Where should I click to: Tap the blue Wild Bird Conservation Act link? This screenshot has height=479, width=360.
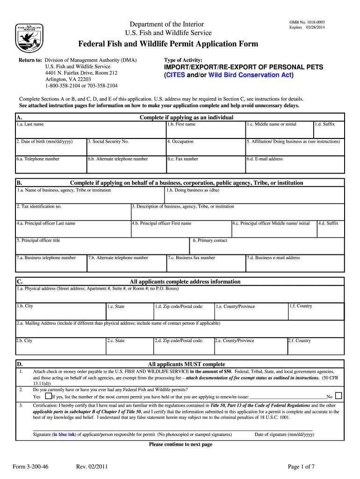tap(250, 75)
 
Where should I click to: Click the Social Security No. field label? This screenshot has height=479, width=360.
tap(108, 141)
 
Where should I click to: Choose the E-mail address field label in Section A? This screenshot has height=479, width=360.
tap(265, 159)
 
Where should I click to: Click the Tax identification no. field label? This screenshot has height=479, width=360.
tap(39, 206)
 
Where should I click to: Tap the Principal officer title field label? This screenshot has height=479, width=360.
tap(38, 240)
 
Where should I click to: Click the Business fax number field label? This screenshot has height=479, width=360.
tap(191, 258)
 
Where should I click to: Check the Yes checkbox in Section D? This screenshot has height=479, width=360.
tap(48, 396)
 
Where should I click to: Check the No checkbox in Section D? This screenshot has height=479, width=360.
tap(339, 395)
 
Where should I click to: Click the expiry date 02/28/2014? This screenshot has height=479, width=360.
tap(316, 28)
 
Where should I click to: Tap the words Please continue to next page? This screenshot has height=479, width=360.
tap(180, 444)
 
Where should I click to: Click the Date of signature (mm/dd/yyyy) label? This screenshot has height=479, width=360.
tap(284, 435)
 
